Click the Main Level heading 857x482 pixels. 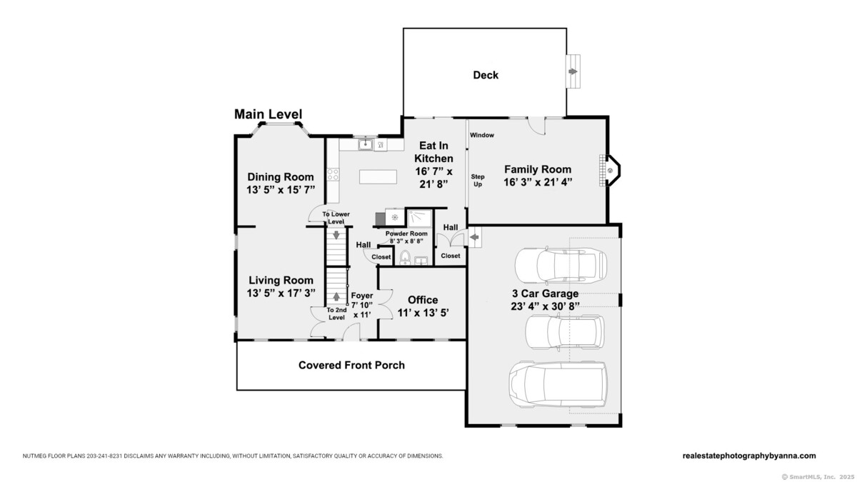coord(269,114)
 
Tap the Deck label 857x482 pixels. coord(486,75)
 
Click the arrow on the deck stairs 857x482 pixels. coord(573,71)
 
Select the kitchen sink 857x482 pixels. coord(366,144)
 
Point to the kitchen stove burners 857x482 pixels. coord(333,174)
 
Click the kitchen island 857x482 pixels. coord(378,177)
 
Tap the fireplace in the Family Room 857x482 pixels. coord(609,170)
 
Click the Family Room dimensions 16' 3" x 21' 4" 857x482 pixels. coord(538,182)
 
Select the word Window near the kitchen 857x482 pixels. coord(481,135)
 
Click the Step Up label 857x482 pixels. coord(478,180)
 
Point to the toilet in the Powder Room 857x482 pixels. coord(405,258)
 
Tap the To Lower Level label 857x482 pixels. coord(336,218)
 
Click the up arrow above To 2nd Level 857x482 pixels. coord(336,296)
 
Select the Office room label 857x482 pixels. coord(423,300)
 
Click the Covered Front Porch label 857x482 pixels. coord(351,366)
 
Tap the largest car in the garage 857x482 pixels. coord(558,384)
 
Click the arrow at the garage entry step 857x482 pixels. coord(474,237)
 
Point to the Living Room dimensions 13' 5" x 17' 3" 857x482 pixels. coord(281,293)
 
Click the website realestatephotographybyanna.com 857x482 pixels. coord(749,456)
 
